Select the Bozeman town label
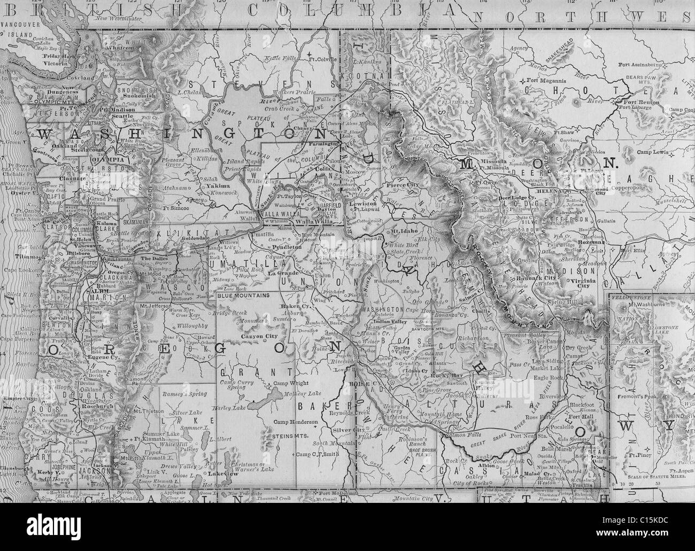tap(590, 242)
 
